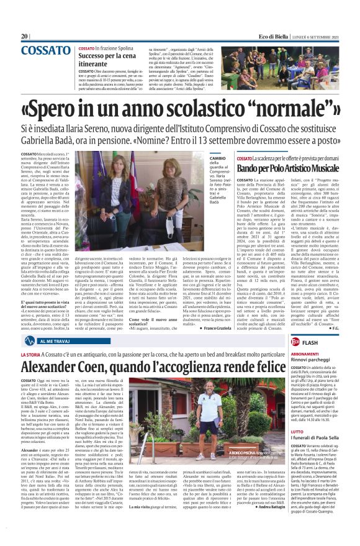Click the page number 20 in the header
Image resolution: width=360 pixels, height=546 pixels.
click(25, 37)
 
